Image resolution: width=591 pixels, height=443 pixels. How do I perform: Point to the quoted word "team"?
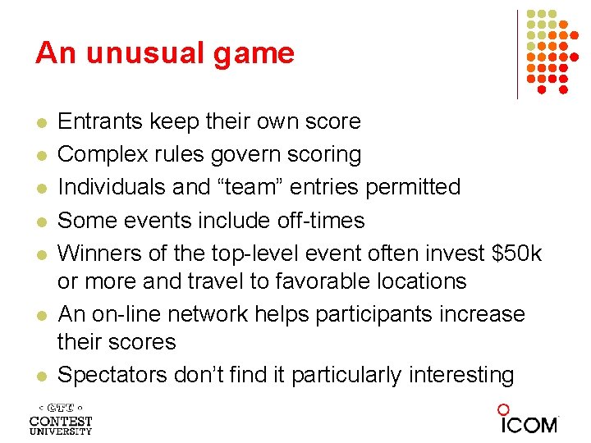tap(268, 188)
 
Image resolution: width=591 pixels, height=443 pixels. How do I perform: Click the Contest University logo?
tap(61, 419)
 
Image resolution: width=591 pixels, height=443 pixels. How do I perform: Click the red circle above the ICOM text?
tap(503, 409)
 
